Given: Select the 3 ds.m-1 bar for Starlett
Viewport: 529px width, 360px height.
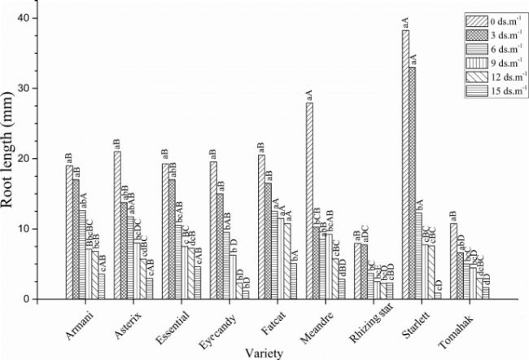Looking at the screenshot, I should pyautogui.click(x=412, y=183).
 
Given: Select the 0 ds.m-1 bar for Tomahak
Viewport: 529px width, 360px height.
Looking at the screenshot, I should pyautogui.click(x=453, y=261).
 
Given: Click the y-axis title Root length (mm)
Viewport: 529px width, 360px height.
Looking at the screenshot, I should pyautogui.click(x=13, y=159).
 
